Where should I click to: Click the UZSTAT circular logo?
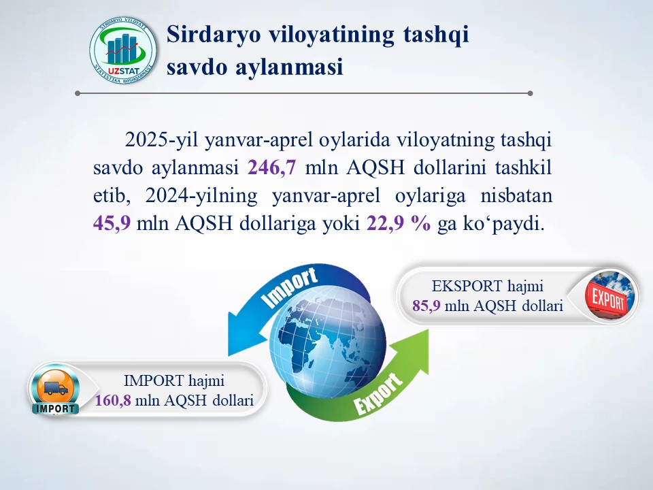123,50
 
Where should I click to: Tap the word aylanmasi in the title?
290,67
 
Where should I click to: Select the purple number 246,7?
272,167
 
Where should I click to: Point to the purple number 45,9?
112,223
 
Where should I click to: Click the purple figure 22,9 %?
399,223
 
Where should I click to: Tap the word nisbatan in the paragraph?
516,195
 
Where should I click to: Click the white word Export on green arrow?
378,394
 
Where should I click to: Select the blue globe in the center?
328,341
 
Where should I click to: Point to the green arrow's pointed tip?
428,330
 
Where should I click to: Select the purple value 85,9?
426,306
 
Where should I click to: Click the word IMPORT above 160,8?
154,381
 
